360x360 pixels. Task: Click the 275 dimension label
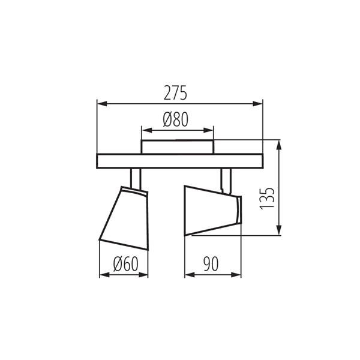point(175,93)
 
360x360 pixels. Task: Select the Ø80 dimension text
point(176,119)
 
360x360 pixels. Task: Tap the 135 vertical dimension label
point(267,199)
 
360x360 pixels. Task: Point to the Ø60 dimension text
point(126,264)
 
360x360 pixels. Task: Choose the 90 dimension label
point(211,264)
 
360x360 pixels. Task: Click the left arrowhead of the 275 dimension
point(103,104)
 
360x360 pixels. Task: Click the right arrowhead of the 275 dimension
point(257,104)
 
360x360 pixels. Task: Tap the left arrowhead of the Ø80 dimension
point(147,130)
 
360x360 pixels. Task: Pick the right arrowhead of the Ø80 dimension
point(208,130)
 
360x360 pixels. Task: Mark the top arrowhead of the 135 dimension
point(279,145)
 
